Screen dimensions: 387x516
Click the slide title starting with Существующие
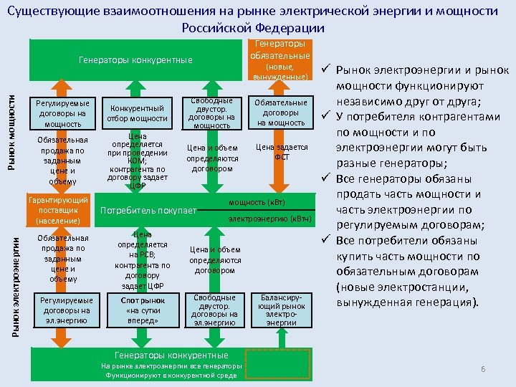point(258,19)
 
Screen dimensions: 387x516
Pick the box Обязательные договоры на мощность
point(281,113)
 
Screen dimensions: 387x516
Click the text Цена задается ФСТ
point(282,152)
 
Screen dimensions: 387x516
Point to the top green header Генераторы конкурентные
point(135,59)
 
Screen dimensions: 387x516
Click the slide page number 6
point(483,369)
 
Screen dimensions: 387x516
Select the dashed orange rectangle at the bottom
point(278,363)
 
